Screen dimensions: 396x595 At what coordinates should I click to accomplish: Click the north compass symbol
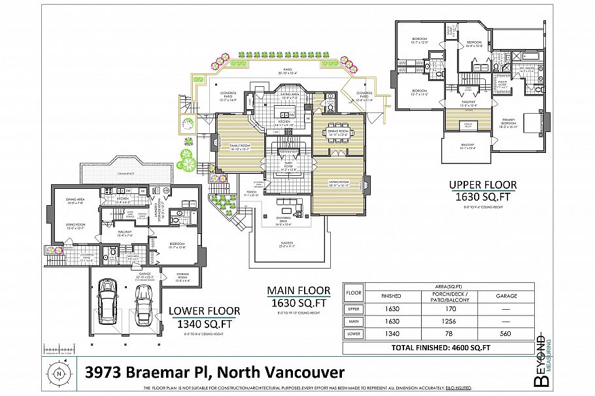coord(59,374)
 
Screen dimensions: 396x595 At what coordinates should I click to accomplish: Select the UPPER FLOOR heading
coord(482,185)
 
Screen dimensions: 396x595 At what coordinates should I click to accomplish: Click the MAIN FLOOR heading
coord(297,291)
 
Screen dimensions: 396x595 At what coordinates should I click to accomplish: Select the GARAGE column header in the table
coord(507,296)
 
